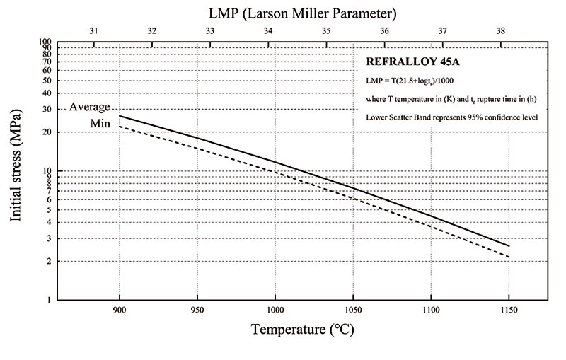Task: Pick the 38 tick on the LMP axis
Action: (x=501, y=32)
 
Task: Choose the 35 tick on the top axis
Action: (x=326, y=32)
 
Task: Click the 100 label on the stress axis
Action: (x=45, y=42)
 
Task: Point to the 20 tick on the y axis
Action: (x=47, y=132)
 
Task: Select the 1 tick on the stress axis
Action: (x=50, y=301)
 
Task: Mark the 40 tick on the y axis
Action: (x=47, y=93)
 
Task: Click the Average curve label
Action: (x=89, y=108)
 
